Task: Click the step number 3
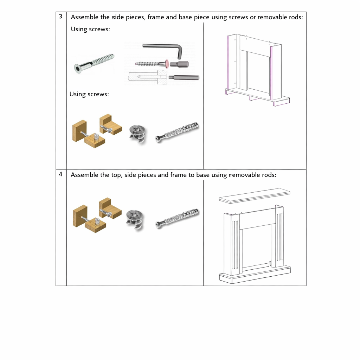click(x=61, y=16)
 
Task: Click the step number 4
click(x=61, y=174)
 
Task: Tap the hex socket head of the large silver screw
click(x=78, y=68)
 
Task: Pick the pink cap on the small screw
click(x=167, y=64)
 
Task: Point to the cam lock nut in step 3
click(x=136, y=133)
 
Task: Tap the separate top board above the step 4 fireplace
click(x=255, y=195)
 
